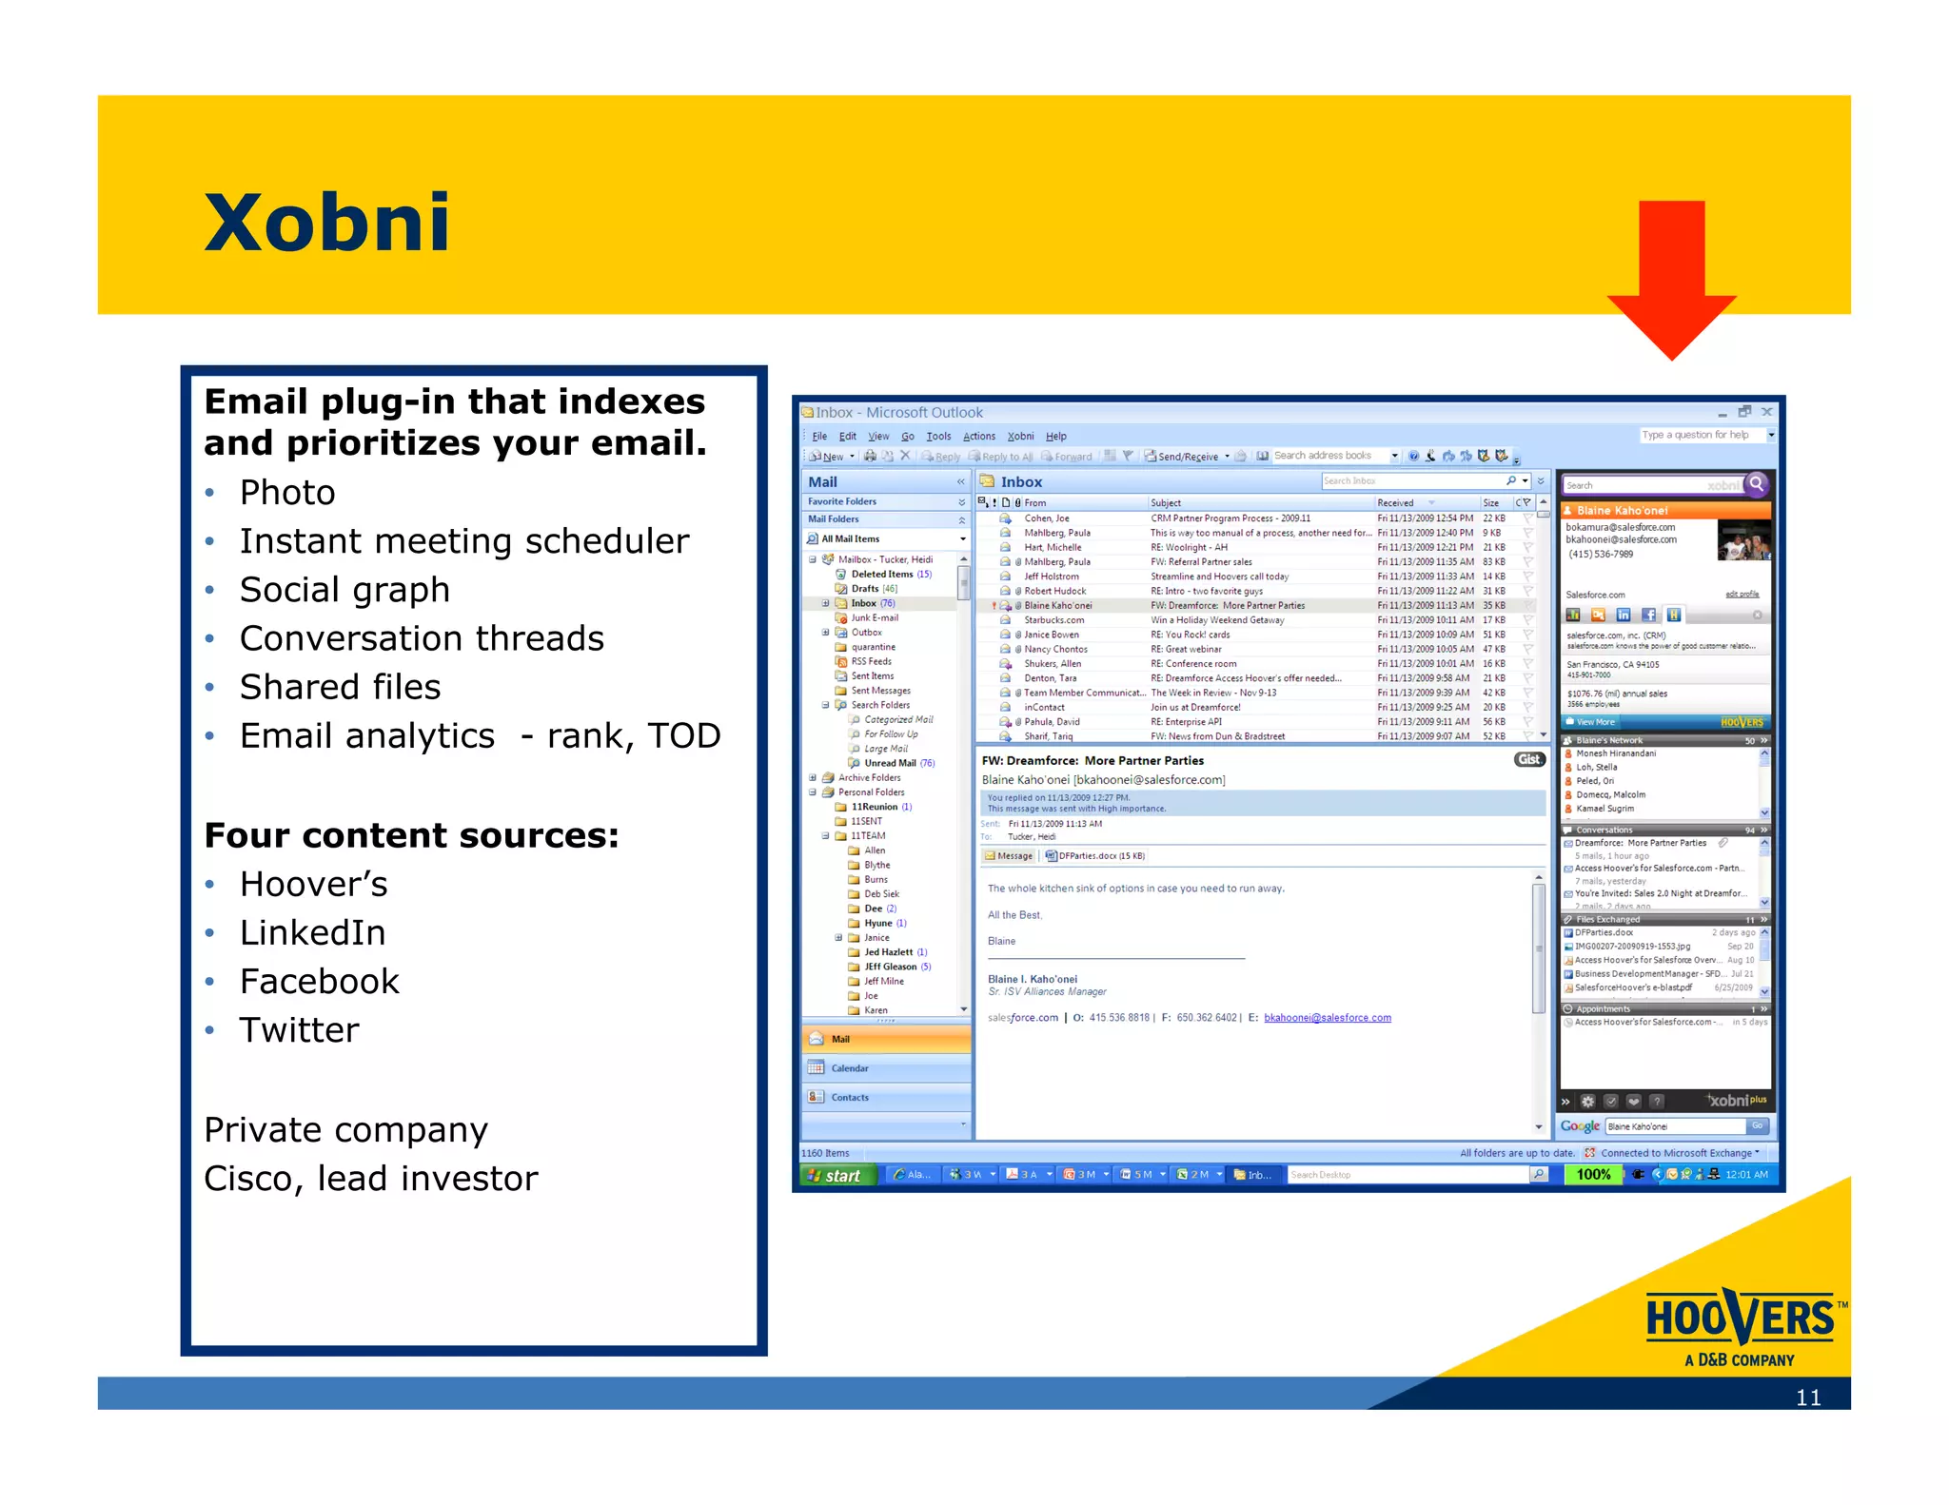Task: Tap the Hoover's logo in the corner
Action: [x=1741, y=1328]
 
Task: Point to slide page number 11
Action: [x=1807, y=1397]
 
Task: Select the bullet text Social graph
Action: [x=345, y=590]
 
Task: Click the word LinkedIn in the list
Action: [x=312, y=933]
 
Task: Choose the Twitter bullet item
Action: [x=299, y=1030]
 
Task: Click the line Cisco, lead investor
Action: [x=371, y=1179]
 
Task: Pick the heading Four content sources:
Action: [x=411, y=835]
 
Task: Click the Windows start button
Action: [x=835, y=1176]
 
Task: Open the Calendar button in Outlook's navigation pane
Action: [x=849, y=1068]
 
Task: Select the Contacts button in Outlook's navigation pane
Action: [x=849, y=1098]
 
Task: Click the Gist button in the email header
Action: [x=1528, y=759]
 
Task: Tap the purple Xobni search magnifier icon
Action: [x=1757, y=484]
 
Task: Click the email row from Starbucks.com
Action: [x=1053, y=620]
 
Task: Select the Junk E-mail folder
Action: [x=874, y=618]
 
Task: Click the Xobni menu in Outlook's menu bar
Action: [x=1020, y=437]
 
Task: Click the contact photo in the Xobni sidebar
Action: [x=1743, y=541]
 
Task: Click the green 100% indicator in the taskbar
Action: [x=1593, y=1175]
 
